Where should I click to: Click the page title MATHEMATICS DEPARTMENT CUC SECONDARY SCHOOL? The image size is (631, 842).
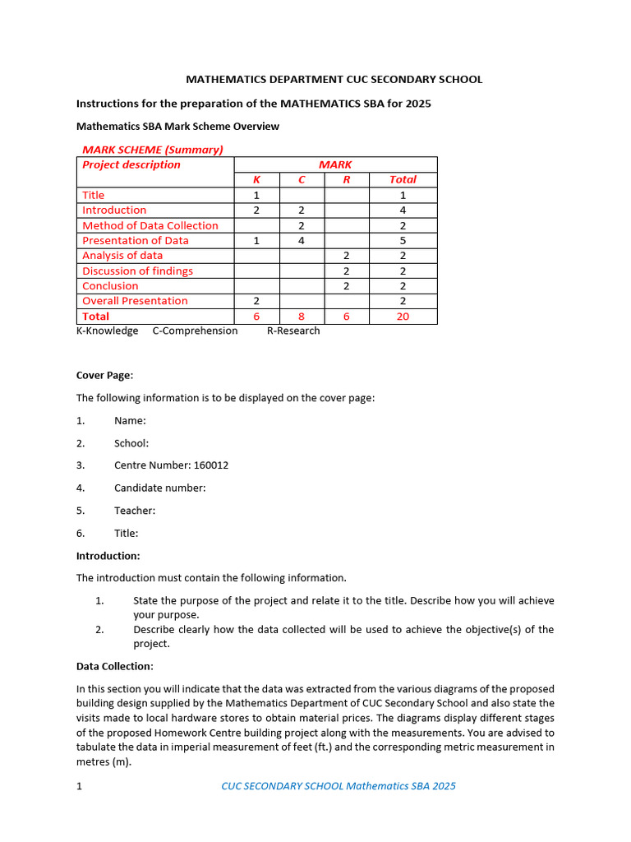pos(334,80)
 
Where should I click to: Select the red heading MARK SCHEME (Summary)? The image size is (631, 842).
pos(153,150)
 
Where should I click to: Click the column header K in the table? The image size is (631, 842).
pos(256,179)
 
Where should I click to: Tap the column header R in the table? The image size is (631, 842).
pos(347,179)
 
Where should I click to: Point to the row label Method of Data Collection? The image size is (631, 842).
pos(150,225)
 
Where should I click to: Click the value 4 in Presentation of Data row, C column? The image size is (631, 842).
pos(302,240)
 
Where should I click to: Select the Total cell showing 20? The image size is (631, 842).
pos(403,317)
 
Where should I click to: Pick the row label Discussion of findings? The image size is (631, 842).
pos(138,271)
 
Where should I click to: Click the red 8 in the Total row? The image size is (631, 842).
pos(302,317)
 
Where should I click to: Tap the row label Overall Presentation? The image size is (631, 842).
pos(135,301)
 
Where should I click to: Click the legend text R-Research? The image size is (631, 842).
pos(293,331)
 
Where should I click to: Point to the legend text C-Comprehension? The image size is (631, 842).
pos(195,331)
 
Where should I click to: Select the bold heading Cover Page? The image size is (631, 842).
pos(104,375)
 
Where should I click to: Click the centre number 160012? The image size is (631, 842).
pos(211,465)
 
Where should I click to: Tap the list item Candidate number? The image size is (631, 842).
pos(159,488)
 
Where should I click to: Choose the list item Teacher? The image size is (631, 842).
pos(135,511)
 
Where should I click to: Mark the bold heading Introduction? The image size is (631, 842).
pos(108,556)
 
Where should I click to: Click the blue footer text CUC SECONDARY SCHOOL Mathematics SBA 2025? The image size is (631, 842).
pos(338,786)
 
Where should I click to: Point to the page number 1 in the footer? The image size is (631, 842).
pos(80,786)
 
